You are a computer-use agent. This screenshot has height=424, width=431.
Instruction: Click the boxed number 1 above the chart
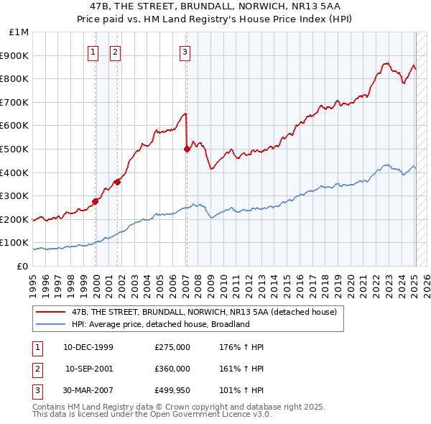(x=93, y=51)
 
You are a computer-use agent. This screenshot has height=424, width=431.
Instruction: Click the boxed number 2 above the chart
(x=115, y=51)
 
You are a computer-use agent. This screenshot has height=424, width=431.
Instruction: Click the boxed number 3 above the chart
(x=185, y=51)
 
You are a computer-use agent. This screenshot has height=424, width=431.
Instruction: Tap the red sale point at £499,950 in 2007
(x=187, y=149)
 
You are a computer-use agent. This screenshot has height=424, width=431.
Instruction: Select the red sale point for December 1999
(x=95, y=201)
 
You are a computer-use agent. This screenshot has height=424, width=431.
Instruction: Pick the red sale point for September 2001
(x=117, y=182)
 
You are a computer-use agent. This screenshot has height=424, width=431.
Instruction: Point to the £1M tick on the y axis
(x=19, y=32)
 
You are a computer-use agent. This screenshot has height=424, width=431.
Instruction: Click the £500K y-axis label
(x=16, y=149)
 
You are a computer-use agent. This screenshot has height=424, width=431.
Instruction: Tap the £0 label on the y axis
(x=22, y=266)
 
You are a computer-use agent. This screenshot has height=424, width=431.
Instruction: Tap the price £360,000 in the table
(x=172, y=369)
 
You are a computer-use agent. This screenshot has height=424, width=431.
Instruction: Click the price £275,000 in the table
(x=172, y=347)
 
